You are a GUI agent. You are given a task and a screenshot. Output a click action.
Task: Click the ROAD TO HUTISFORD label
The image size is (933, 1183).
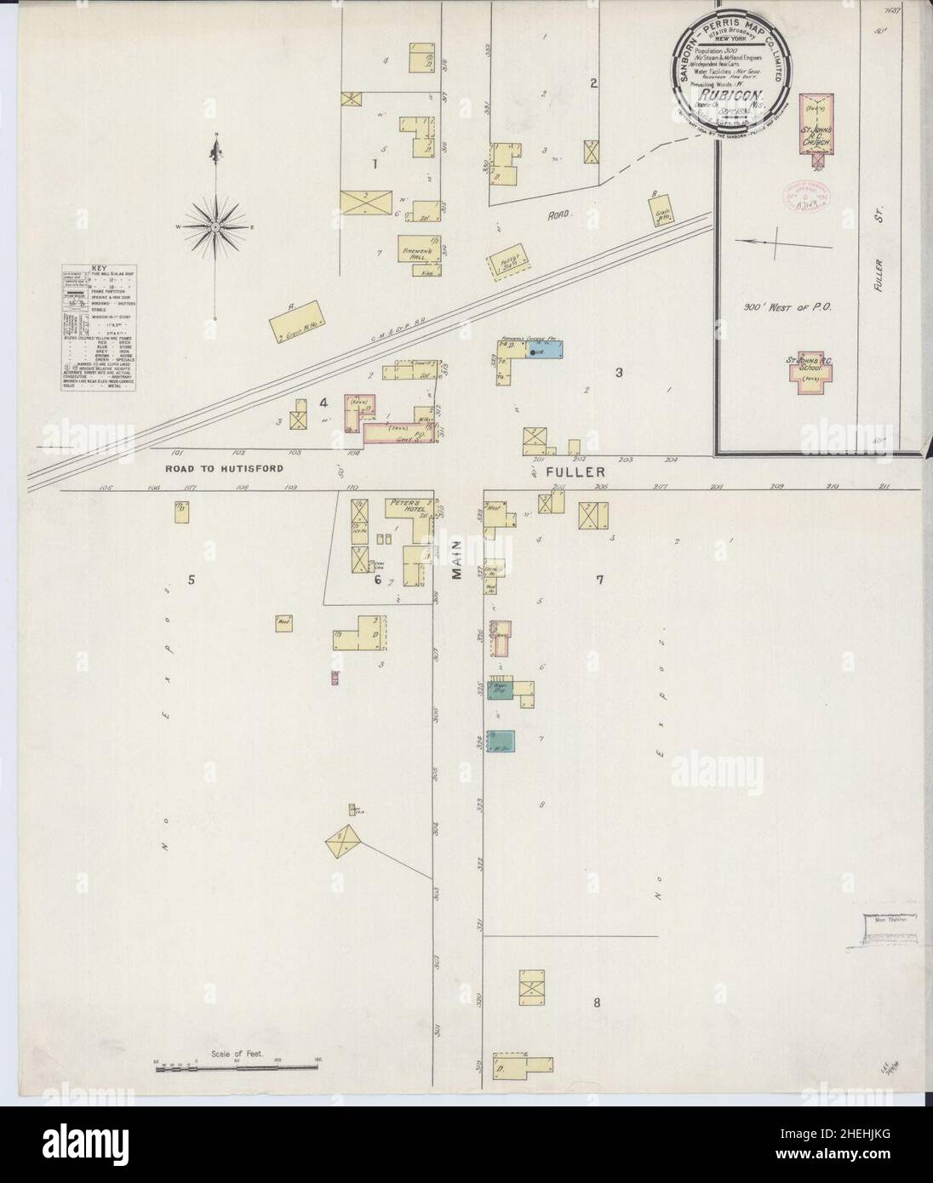[221, 469]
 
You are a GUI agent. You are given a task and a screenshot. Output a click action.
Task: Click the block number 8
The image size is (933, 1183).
[598, 1002]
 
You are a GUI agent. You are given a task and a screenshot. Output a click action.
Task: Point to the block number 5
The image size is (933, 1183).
[192, 580]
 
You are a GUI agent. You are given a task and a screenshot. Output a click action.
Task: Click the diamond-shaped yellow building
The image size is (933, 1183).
[346, 843]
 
